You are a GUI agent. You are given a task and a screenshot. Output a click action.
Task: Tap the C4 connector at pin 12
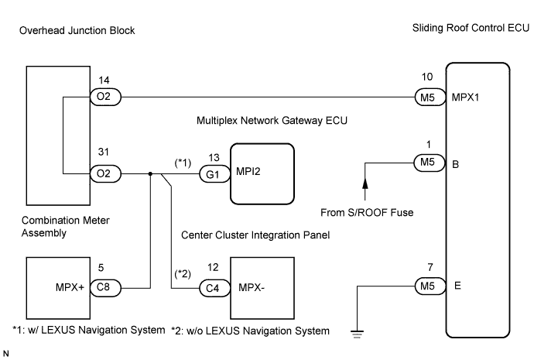(213, 286)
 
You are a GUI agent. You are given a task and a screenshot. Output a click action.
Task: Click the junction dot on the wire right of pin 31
(149, 175)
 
